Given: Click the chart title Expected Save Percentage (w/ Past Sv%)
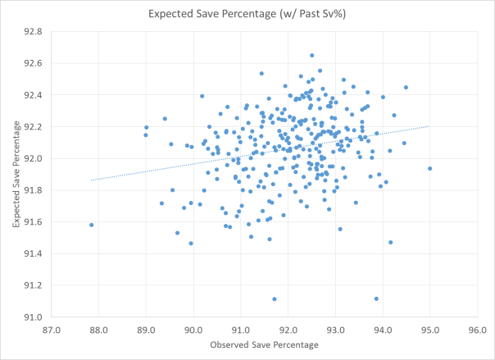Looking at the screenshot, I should [247, 14].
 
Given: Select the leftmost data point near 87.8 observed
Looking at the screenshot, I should [91, 225].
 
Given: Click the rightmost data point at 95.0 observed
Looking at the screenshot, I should [429, 169].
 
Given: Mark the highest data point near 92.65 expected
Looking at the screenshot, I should [312, 55].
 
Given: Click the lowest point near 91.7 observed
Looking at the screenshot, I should [275, 299].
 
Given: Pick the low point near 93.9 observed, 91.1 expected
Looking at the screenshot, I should [376, 299].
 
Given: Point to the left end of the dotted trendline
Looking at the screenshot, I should [92, 180].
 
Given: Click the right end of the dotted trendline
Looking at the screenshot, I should [429, 126].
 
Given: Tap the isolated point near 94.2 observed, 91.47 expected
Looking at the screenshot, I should [390, 243].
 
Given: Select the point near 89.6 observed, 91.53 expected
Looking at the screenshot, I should [177, 233].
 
